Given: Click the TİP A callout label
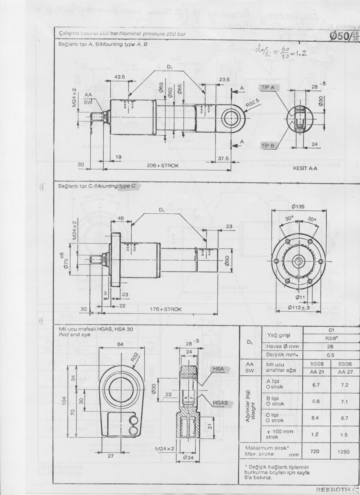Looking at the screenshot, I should coord(268,87).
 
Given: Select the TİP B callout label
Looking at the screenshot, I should coord(268,146).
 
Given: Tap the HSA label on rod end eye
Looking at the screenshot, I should coord(218,368).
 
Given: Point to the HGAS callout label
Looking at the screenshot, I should coord(220,403).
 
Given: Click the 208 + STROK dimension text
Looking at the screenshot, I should coord(163,165).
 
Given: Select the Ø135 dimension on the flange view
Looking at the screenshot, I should coord(298,206).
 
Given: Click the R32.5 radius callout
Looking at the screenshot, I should coord(252,103).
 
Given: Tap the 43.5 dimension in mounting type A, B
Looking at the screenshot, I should coord(120,77).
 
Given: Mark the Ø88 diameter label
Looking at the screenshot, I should coord(161,87).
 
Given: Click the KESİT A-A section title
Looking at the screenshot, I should coord(305,168).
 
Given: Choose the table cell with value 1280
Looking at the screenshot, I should coord(343,452).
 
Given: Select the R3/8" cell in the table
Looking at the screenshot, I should coord(330,337).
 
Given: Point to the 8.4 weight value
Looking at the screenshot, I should coord(315,418).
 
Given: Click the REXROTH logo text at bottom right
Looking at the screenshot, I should coord(333,490).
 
